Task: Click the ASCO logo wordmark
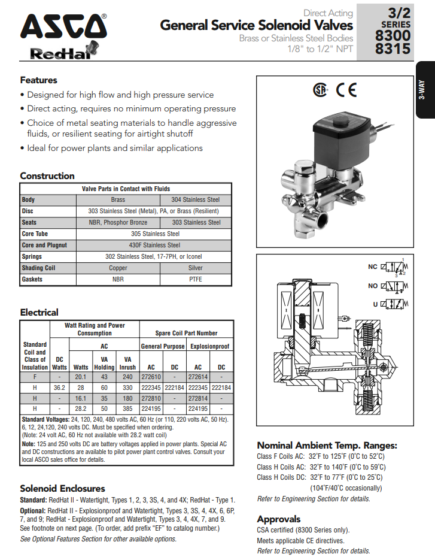click(63, 28)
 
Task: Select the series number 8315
click(393, 50)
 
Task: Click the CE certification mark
click(346, 90)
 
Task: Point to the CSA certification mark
click(321, 90)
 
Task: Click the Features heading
click(38, 80)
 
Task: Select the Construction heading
click(47, 176)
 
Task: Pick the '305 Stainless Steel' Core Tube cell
click(155, 234)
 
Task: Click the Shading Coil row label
click(38, 268)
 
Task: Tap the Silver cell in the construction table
click(195, 268)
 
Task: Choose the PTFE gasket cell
click(195, 279)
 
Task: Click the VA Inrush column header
click(127, 364)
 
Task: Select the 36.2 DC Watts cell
click(59, 388)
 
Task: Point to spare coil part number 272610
click(151, 377)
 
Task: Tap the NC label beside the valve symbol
click(372, 268)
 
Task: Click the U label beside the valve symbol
click(375, 304)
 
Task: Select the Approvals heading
click(278, 519)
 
